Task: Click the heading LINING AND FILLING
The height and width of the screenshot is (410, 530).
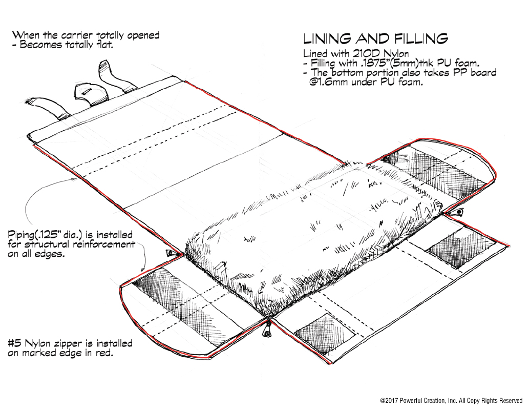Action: tap(376, 39)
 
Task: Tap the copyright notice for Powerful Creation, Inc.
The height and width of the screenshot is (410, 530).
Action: tap(451, 400)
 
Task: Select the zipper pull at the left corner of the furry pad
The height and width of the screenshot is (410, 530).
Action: tap(169, 254)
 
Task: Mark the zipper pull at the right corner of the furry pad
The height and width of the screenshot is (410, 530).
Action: tap(459, 212)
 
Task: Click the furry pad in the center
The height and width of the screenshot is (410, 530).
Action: tap(312, 225)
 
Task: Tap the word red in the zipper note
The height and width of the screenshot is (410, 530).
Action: tap(104, 353)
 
